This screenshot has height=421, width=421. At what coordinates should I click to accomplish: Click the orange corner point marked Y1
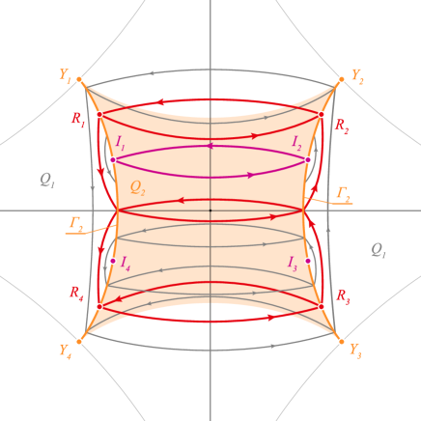pos(79,80)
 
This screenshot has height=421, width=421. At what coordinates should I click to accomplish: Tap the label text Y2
pos(356,74)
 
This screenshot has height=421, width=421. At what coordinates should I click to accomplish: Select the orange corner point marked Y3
pos(341,340)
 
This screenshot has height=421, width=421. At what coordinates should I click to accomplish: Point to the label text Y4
pos(65,351)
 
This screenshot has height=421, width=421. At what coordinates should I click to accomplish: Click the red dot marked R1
pos(98,114)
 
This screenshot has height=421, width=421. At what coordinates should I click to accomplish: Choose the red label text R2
pos(341,126)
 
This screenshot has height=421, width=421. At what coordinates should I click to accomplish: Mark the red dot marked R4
pos(98,306)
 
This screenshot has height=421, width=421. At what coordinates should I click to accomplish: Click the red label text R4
pos(76,293)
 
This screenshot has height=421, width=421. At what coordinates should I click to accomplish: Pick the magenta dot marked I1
pos(112,159)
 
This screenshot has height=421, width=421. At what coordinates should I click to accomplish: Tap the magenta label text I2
pos(297,143)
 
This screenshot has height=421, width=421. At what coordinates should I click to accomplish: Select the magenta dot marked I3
pos(308,261)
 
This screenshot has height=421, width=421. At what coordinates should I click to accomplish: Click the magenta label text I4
pos(125,262)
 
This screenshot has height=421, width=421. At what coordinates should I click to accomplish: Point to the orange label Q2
pos(137,187)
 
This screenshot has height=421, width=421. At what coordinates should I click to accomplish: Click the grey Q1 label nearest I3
pos(378,250)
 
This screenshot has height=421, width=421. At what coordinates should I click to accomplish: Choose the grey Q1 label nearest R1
pos(47,180)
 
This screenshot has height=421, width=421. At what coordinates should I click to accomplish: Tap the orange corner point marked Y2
pos(341,80)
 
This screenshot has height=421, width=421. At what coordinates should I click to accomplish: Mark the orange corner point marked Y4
pos(79,340)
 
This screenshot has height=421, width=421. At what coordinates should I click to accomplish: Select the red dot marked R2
pos(322,114)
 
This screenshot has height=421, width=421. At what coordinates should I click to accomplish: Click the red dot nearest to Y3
pos(322,306)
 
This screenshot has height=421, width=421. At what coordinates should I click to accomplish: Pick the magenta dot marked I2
pos(308,159)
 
